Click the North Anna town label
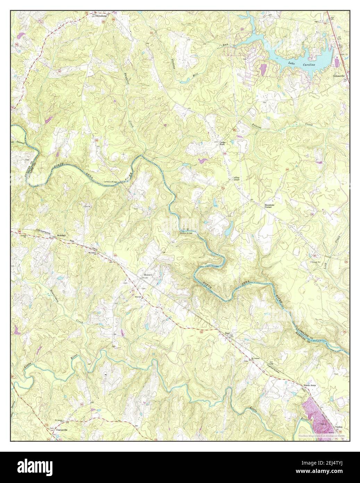[x=311, y=385]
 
